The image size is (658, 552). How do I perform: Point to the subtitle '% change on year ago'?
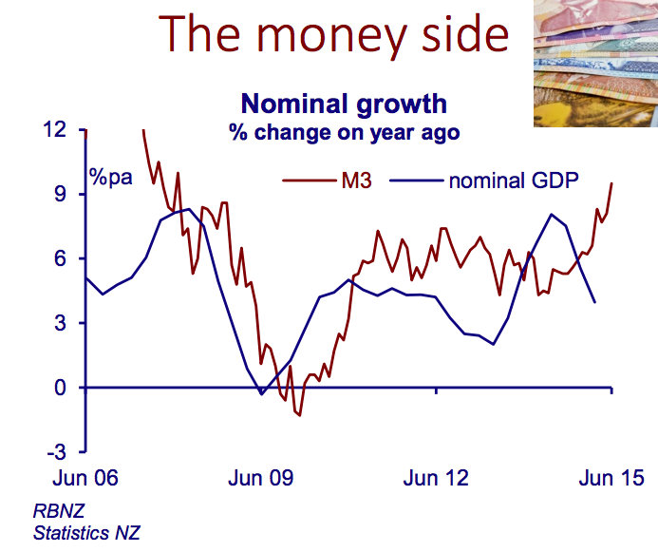tap(344, 131)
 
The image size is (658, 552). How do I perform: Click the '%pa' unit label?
tap(111, 177)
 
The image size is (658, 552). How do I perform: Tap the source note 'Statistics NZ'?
tap(87, 533)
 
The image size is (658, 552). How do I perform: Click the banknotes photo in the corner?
tap(594, 63)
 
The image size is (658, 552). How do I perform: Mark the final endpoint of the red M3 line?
tap(611, 182)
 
